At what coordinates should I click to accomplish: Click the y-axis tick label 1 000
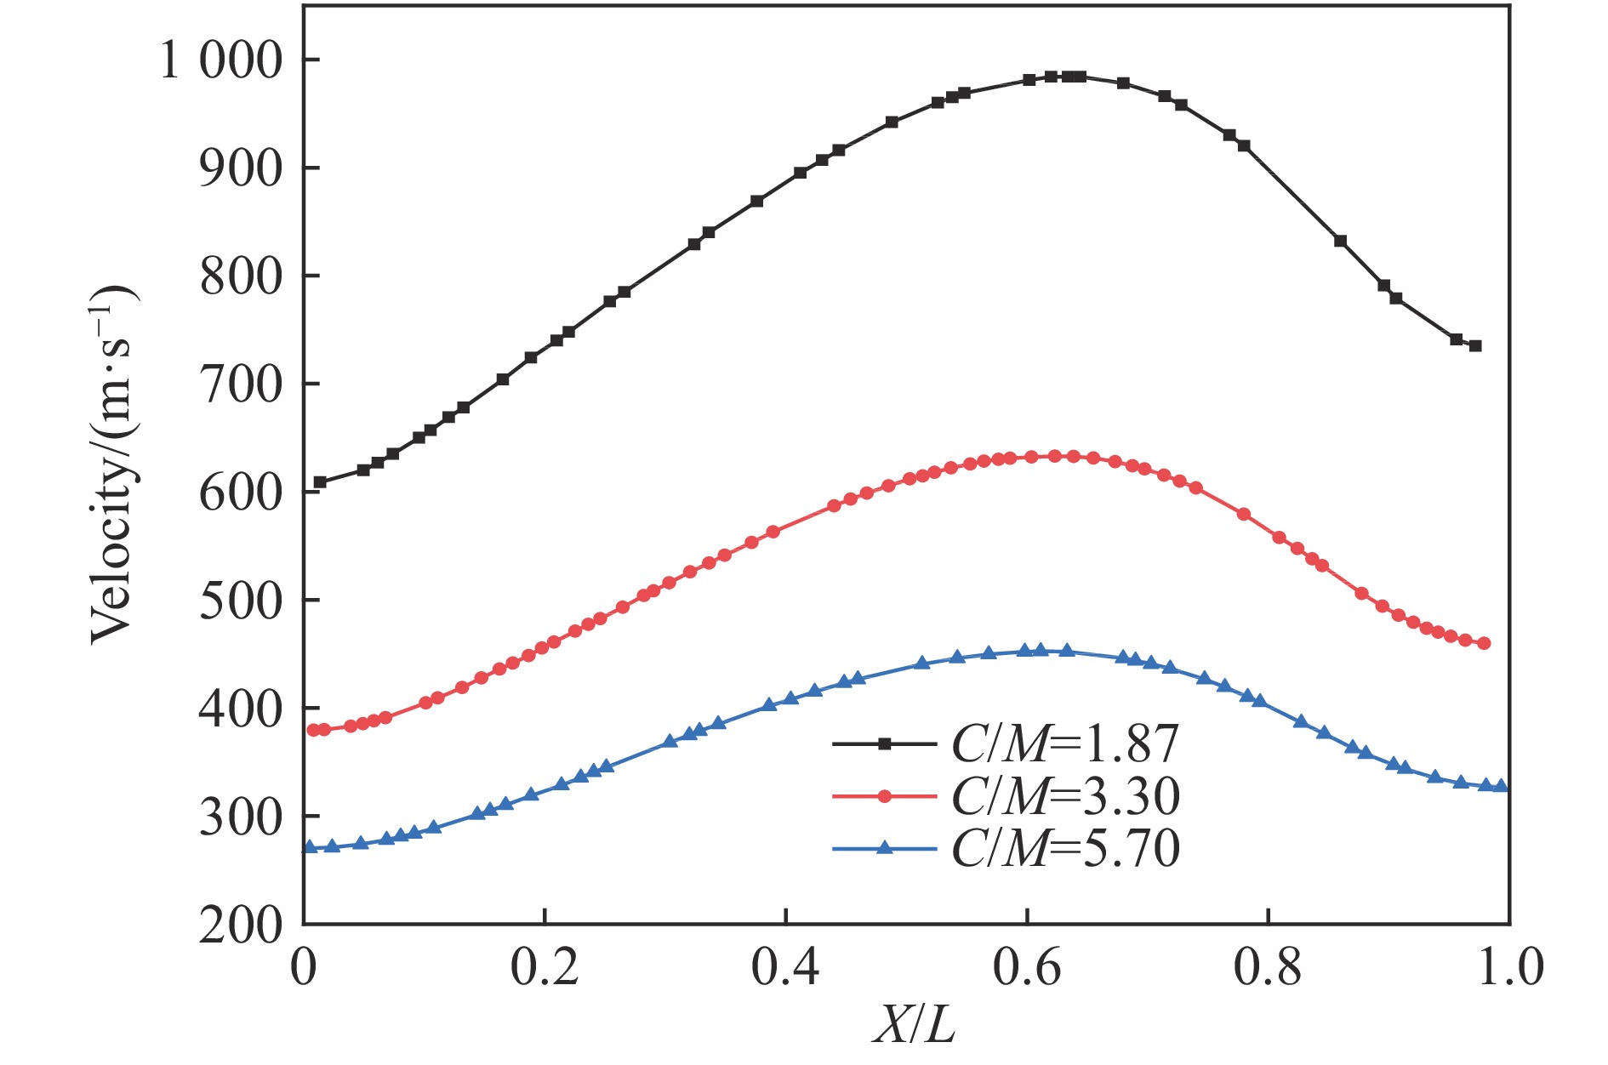(x=220, y=61)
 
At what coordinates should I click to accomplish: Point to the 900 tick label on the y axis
(x=240, y=169)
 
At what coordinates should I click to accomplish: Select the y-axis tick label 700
(x=240, y=385)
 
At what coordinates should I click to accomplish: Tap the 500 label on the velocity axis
(x=240, y=601)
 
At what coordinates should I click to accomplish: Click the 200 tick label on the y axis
(x=240, y=925)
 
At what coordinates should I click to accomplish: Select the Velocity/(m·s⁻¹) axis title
(x=113, y=464)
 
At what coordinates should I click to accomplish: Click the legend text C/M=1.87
(x=1065, y=744)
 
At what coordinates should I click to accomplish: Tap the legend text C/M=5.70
(x=1065, y=849)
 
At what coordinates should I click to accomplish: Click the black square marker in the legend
(x=884, y=744)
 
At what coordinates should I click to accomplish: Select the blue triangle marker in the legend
(x=884, y=848)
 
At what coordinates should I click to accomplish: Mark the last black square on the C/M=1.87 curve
(x=1475, y=346)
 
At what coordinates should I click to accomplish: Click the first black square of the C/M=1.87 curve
(x=320, y=482)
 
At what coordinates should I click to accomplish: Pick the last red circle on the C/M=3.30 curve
(x=1484, y=644)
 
